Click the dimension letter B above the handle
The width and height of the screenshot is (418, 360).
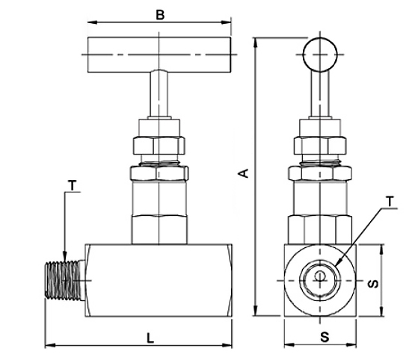tap(160, 15)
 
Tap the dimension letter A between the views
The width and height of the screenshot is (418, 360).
tap(243, 173)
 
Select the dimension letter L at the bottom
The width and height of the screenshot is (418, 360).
tap(150, 338)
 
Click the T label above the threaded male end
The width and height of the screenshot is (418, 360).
tap(73, 185)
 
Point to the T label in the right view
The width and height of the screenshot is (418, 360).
tap(390, 202)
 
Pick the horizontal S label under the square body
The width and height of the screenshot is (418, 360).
tap(325, 337)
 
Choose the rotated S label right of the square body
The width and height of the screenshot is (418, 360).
tap(372, 284)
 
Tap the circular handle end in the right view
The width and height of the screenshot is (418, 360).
tap(320, 55)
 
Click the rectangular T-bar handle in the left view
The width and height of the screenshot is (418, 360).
tap(159, 55)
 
